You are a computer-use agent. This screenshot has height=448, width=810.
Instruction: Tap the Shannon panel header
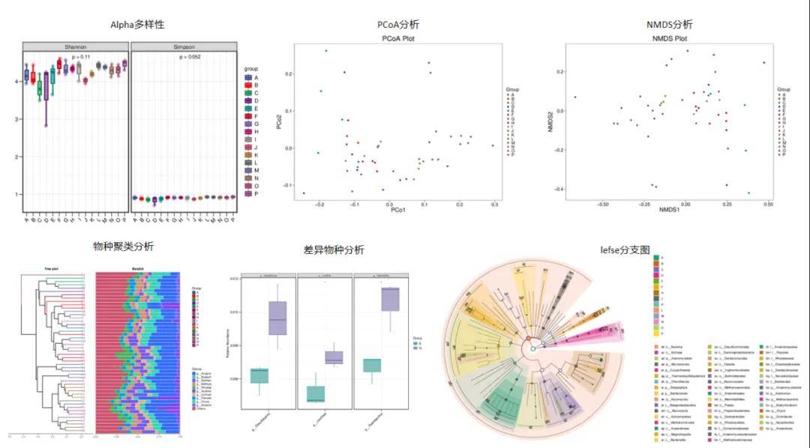(x=76, y=46)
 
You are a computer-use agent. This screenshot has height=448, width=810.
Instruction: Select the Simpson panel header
(x=184, y=46)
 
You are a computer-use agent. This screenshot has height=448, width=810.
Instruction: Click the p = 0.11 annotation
(x=80, y=57)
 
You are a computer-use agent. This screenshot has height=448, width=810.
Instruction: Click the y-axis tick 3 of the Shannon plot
(x=18, y=119)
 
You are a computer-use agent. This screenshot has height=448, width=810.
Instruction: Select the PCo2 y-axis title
(x=279, y=120)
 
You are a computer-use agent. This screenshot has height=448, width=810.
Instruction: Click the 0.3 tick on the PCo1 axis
(x=494, y=203)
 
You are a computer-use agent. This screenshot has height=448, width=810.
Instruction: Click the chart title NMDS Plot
(x=670, y=38)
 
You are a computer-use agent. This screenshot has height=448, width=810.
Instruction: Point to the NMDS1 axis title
(x=669, y=212)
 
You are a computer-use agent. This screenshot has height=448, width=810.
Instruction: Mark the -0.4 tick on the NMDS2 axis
(x=559, y=189)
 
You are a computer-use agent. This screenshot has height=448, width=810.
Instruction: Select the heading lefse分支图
(x=625, y=249)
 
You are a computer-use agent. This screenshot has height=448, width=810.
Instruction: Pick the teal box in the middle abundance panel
(x=316, y=393)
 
